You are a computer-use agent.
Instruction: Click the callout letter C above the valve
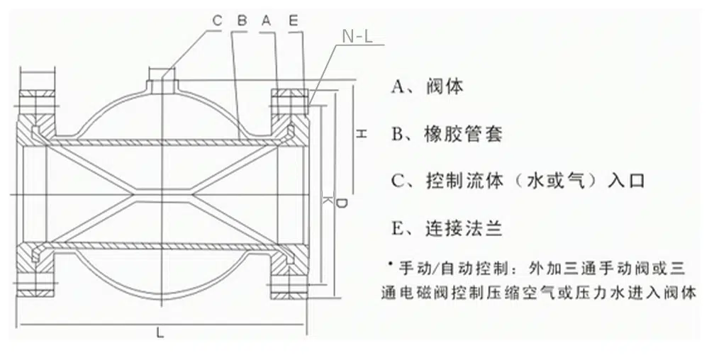pyautogui.click(x=217, y=21)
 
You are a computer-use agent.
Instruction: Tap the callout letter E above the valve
pyautogui.click(x=293, y=21)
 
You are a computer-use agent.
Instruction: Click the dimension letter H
pyautogui.click(x=360, y=133)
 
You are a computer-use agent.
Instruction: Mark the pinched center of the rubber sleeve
pyautogui.click(x=162, y=194)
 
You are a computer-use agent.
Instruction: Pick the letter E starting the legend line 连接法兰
pyautogui.click(x=397, y=227)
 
